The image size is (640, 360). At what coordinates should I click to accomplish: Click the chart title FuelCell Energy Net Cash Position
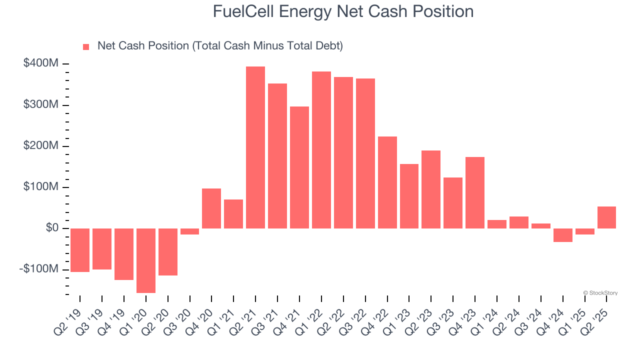click(x=343, y=11)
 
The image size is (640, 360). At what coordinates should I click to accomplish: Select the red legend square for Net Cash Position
click(x=86, y=46)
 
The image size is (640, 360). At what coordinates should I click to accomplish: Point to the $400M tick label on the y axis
click(x=41, y=63)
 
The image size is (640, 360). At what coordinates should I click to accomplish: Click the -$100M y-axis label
click(x=39, y=269)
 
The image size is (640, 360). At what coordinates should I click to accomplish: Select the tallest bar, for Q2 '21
click(x=255, y=147)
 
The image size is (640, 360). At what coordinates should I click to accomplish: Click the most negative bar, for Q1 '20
click(x=145, y=260)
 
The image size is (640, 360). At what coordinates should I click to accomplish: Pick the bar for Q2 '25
click(x=606, y=217)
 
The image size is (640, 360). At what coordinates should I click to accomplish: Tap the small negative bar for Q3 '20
click(x=189, y=231)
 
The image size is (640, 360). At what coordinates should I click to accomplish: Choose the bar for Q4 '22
click(x=387, y=182)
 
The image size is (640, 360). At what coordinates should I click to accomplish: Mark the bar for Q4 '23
click(x=475, y=192)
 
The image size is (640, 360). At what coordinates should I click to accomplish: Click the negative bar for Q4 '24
click(x=562, y=235)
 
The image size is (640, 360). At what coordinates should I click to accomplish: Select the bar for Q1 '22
click(x=321, y=150)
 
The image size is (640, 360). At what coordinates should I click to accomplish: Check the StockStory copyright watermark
click(x=600, y=293)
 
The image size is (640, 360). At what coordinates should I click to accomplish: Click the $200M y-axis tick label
click(x=41, y=145)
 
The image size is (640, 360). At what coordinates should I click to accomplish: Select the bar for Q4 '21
click(x=299, y=167)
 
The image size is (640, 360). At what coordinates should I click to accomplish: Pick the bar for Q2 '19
click(x=80, y=250)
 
